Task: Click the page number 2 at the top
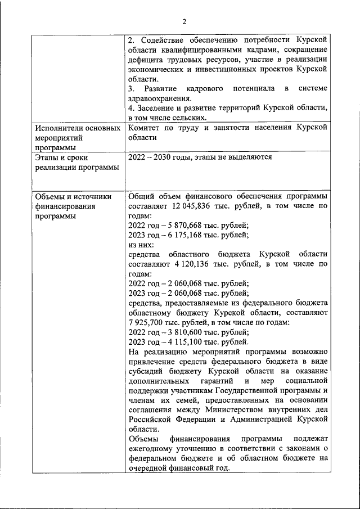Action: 183,22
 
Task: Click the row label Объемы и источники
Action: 73,196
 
